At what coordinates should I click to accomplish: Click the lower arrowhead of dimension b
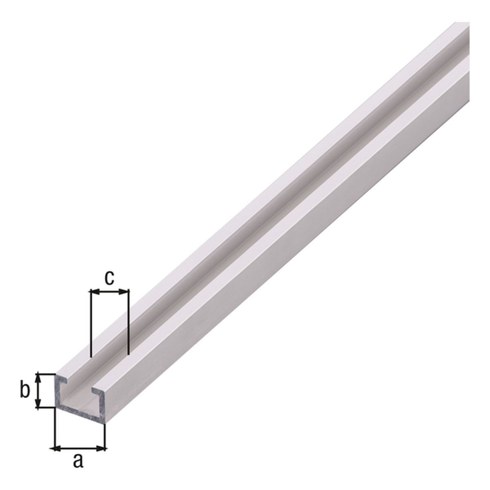(x=38, y=402)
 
